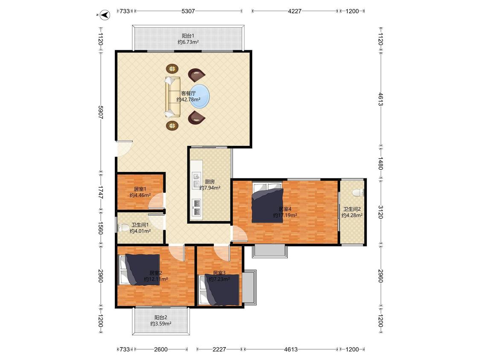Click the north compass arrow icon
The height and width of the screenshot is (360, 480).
(x=106, y=15)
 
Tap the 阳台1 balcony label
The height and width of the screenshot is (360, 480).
(x=188, y=36)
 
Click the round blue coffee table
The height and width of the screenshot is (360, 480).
(x=200, y=96)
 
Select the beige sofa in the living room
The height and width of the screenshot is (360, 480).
(x=173, y=97)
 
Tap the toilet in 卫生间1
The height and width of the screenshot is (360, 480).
(x=124, y=228)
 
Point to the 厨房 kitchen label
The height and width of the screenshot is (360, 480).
(x=209, y=182)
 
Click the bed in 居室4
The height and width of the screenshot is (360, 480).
(x=267, y=202)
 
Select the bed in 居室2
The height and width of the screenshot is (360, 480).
(x=140, y=270)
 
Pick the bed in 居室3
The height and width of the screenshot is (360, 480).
(x=219, y=290)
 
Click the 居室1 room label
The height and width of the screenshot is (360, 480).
(x=140, y=189)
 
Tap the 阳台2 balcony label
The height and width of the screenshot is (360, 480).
(x=160, y=317)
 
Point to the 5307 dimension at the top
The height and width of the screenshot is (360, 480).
(x=188, y=11)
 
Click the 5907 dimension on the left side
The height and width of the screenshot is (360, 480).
(x=101, y=113)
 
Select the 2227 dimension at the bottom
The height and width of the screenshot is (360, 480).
(x=219, y=349)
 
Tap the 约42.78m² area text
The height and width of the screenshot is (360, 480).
(x=188, y=99)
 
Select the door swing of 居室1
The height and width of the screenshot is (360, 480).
(x=156, y=201)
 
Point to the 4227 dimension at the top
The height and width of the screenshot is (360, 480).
(x=294, y=11)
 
